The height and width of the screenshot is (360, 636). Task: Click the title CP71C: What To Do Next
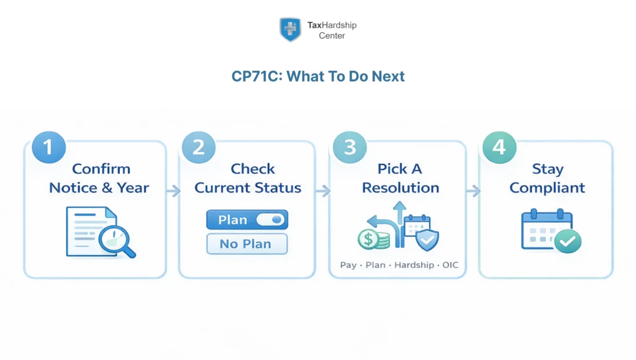coord(318,76)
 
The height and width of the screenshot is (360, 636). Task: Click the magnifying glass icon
coord(118,239)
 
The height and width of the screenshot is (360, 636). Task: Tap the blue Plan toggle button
coord(247,220)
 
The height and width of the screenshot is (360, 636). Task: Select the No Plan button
coord(247,244)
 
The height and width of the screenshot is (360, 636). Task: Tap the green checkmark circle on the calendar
coord(567,241)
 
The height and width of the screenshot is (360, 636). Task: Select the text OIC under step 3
coord(450,265)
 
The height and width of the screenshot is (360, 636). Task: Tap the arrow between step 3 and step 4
coord(473,191)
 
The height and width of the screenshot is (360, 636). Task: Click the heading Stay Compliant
coord(547,178)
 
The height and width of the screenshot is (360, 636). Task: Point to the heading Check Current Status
coord(248,178)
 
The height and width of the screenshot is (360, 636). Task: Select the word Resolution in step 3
coord(400,187)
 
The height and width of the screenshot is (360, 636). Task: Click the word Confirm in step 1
coord(101,169)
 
